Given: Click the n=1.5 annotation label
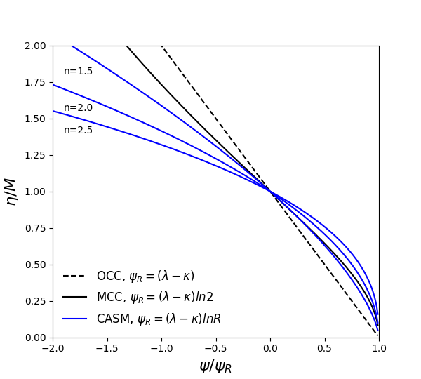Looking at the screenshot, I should [x=78, y=72].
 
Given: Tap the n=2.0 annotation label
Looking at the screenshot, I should [x=78, y=108].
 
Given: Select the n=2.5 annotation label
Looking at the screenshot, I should [x=78, y=131].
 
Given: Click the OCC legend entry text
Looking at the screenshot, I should [x=145, y=277].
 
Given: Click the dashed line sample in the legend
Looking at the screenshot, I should [x=74, y=277].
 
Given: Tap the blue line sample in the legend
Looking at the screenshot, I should [x=74, y=319].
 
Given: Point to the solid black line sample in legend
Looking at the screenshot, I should [x=74, y=298].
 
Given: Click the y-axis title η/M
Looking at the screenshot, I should [x=11, y=191].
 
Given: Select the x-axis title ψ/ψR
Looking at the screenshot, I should [x=215, y=366].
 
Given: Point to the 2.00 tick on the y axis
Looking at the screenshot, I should [x=34, y=46].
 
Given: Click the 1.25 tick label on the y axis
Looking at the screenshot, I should [x=34, y=155].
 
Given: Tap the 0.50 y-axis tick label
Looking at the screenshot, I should [x=34, y=265].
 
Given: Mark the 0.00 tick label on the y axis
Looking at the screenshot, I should [x=34, y=338].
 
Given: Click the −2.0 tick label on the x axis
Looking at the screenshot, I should [x=50, y=349].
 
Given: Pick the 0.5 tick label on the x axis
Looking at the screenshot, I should [x=325, y=349].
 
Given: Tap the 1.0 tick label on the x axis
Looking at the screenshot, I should [x=379, y=349].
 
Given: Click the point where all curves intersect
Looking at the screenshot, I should [x=270, y=192].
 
